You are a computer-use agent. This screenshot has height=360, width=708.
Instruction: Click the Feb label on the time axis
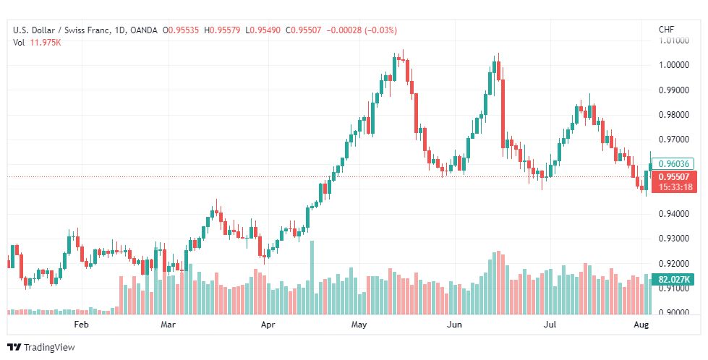(81, 325)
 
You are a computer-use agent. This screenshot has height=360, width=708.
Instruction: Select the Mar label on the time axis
(168, 325)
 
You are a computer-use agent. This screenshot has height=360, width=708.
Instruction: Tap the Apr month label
(268, 325)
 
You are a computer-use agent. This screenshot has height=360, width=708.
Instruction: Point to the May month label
(359, 325)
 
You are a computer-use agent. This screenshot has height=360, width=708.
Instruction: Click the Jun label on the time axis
(455, 325)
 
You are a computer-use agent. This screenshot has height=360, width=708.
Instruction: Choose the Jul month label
(550, 325)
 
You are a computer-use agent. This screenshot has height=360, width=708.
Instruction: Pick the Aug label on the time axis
(641, 325)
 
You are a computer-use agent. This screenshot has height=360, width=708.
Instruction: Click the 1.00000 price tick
(674, 65)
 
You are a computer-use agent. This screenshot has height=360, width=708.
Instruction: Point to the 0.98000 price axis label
(674, 115)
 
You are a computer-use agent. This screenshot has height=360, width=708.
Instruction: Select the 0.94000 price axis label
(674, 213)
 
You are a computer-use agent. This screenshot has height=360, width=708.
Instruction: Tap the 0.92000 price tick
(674, 263)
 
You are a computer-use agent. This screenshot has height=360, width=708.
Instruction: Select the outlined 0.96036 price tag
(674, 164)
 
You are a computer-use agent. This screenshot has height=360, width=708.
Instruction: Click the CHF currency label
(667, 30)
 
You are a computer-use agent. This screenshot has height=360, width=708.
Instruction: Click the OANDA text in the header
(143, 30)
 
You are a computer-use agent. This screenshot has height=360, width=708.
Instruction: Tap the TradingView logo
(41, 348)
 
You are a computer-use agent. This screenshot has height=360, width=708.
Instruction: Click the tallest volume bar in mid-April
(312, 278)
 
